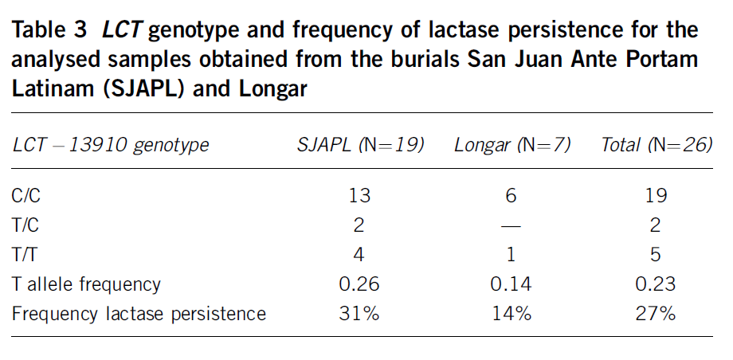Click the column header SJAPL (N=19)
pyautogui.click(x=360, y=145)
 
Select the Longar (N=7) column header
pyautogui.click(x=512, y=145)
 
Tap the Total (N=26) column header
pyautogui.click(x=656, y=145)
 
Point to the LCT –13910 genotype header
pyautogui.click(x=111, y=145)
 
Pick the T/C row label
pyautogui.click(x=25, y=225)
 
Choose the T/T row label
pyautogui.click(x=25, y=254)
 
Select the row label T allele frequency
pyautogui.click(x=86, y=284)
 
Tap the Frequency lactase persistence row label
pyautogui.click(x=139, y=313)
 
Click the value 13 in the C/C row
pyautogui.click(x=360, y=195)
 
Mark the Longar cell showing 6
pyautogui.click(x=512, y=195)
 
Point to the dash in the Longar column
pyautogui.click(x=512, y=225)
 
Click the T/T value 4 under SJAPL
pyautogui.click(x=360, y=254)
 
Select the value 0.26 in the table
pyautogui.click(x=360, y=284)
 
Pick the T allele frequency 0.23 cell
pyautogui.click(x=656, y=284)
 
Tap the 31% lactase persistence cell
pyautogui.click(x=360, y=313)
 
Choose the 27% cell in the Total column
pyautogui.click(x=656, y=313)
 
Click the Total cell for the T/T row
pyautogui.click(x=656, y=254)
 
